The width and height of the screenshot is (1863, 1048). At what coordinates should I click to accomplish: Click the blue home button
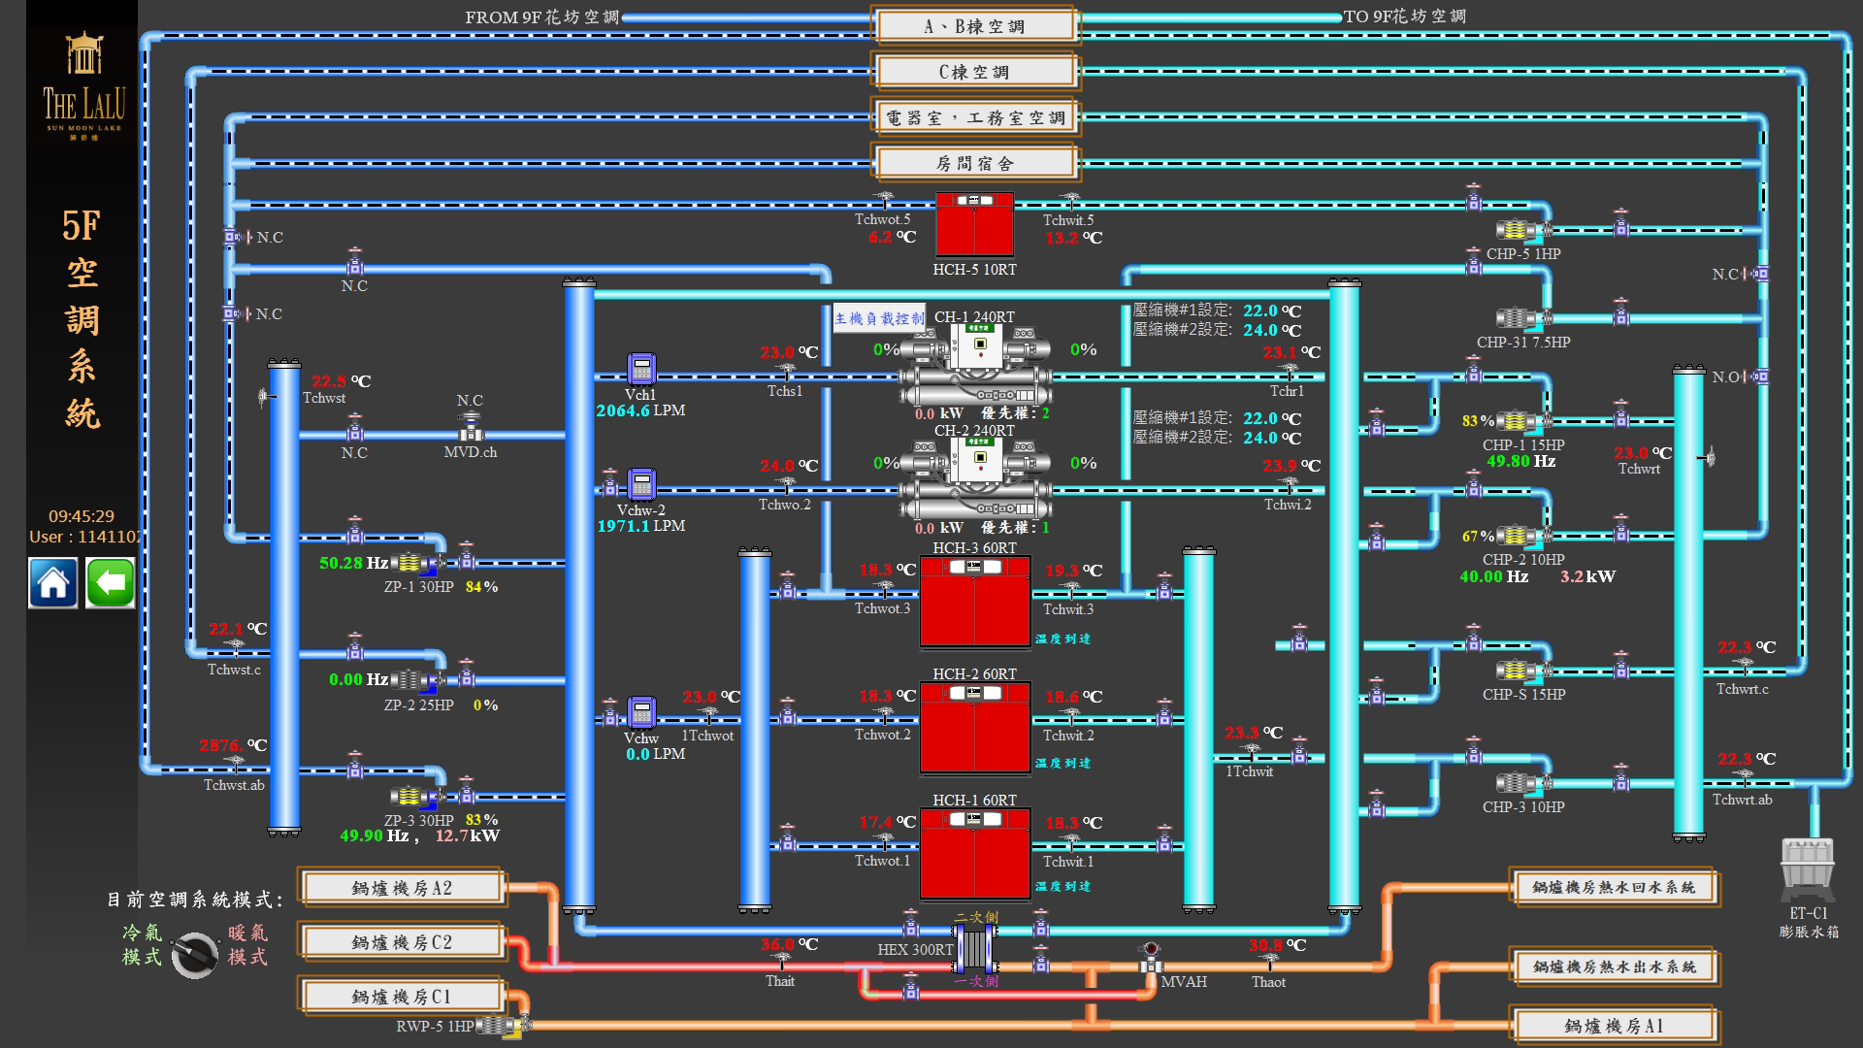coord(53,583)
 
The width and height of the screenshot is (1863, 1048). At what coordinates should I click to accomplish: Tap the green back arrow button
coord(111,583)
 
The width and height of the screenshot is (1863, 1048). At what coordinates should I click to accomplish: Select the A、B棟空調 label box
coord(975,26)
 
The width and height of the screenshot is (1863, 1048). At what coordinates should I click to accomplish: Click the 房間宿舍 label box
coord(975,163)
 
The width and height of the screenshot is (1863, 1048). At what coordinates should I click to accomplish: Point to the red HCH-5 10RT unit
coord(974,225)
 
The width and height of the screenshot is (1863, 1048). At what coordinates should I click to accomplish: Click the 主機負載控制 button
coord(879,318)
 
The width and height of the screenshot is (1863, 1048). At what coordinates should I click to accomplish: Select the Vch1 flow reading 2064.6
coord(623,411)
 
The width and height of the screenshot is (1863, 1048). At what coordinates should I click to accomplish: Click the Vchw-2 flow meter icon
coord(641,484)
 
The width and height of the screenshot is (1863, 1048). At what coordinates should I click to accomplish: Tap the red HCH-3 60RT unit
coord(974,602)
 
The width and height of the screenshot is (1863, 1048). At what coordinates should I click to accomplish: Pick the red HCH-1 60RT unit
coord(974,854)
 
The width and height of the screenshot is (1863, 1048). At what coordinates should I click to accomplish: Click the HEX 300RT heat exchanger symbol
coord(974,948)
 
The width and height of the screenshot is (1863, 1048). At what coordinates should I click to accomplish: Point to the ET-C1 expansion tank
coord(1808,869)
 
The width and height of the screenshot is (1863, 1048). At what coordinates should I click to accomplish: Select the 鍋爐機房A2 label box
coord(402,888)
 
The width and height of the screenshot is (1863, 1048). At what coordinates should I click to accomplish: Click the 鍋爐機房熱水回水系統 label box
coord(1614,888)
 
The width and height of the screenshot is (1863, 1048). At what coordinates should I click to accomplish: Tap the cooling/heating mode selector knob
coord(195,955)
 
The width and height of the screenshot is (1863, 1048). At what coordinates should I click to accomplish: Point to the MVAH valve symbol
coord(1151,959)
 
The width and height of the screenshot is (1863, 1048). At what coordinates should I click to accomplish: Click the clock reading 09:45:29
coord(82,516)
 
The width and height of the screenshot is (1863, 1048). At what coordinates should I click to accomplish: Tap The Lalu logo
coord(83,87)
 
